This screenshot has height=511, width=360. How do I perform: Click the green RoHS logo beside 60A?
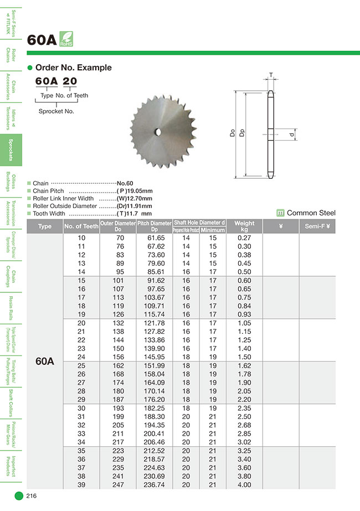[x=65, y=39]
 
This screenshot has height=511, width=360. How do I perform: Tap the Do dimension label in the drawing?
[x=233, y=133]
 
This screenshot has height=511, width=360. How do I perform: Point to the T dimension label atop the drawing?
[x=271, y=75]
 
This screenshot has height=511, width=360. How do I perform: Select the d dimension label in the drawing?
[x=291, y=135]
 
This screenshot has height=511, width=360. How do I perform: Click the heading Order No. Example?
[x=73, y=68]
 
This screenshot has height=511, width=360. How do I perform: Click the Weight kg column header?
[x=244, y=226]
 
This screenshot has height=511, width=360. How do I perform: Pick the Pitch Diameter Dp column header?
[x=154, y=226]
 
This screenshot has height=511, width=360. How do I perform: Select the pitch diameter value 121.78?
[x=154, y=323]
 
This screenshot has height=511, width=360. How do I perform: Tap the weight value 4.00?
[x=244, y=485]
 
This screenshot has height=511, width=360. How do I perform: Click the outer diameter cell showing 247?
[x=117, y=485]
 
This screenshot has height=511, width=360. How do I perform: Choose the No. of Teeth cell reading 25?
[x=81, y=366]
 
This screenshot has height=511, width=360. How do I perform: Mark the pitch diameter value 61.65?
[x=154, y=238]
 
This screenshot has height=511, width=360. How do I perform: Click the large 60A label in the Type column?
[x=44, y=361]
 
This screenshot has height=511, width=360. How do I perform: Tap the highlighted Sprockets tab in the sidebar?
[x=11, y=151]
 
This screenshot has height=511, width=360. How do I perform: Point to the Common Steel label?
[x=311, y=213]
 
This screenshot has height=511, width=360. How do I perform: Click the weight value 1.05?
[x=244, y=323]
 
